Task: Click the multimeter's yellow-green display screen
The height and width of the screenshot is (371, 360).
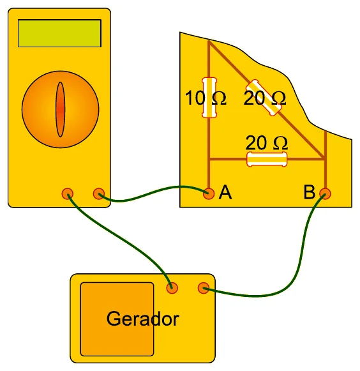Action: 59,33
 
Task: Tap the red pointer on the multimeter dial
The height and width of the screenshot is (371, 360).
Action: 60,109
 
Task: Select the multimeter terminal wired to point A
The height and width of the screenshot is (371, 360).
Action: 99,193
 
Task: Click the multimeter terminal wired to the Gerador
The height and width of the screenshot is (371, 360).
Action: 68,193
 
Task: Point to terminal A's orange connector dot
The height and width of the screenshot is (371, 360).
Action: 209,193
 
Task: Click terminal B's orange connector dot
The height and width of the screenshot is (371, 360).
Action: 325,193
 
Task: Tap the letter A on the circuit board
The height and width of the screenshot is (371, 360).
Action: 225,192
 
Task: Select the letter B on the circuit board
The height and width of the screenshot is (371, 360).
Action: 310,192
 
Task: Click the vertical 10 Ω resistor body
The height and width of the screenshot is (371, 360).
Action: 209,98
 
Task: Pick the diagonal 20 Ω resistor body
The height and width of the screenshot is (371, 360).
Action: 264,98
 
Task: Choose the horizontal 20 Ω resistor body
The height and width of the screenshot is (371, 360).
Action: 267,159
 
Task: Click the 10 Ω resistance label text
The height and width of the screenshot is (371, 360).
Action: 206,98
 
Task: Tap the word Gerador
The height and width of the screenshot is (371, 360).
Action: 143,319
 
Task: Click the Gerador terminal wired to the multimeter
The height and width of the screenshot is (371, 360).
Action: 172,288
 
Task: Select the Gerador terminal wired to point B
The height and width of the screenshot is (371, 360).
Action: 204,288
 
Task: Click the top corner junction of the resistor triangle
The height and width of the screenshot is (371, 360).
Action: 209,42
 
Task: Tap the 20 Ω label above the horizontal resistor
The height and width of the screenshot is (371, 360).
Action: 267,143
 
